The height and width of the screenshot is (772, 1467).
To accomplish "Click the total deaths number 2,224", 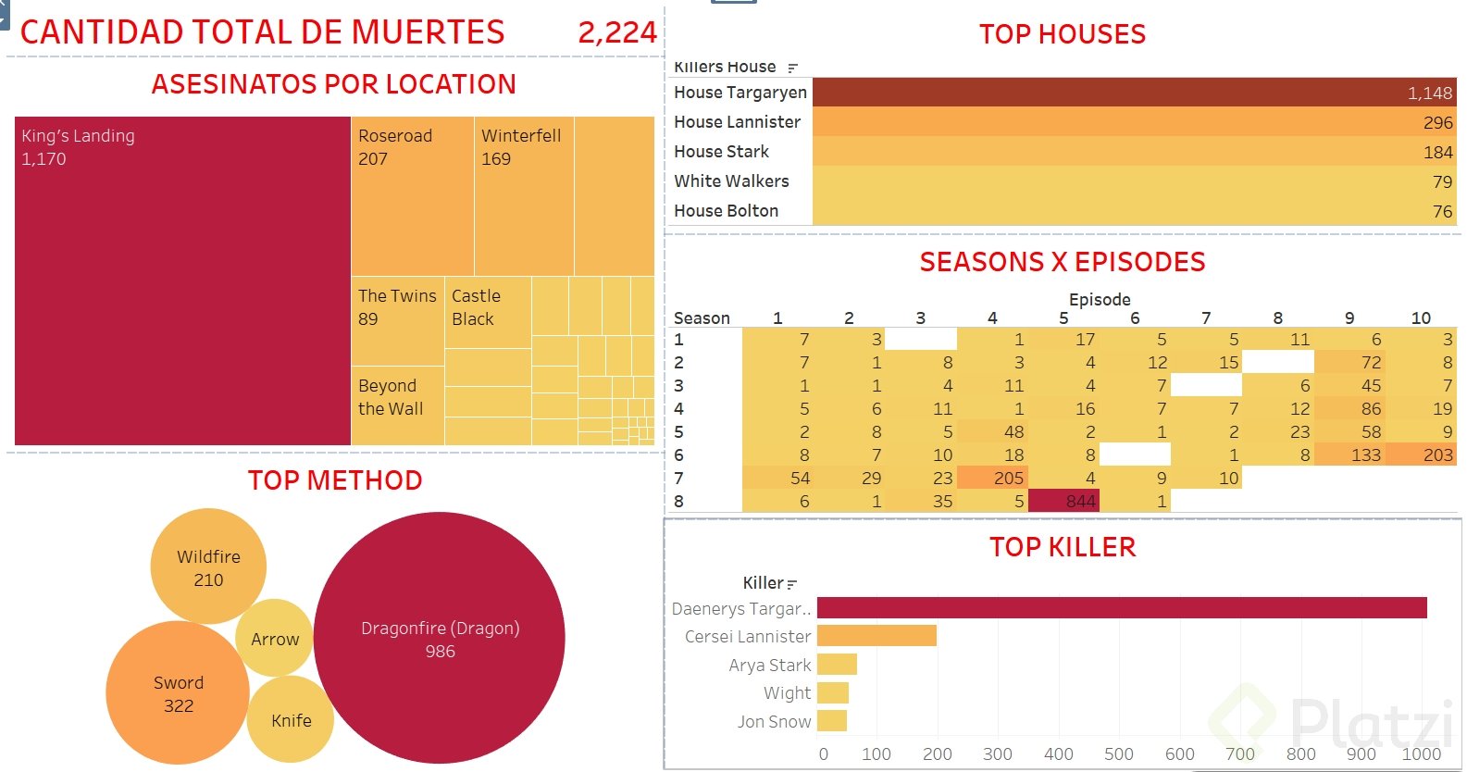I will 616,32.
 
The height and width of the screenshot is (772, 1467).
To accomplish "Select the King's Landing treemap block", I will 182,280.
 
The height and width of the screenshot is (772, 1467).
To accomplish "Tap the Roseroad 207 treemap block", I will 412,195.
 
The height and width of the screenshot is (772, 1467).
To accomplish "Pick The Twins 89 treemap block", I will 397,319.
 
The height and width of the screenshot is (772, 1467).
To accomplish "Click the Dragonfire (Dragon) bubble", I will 440,639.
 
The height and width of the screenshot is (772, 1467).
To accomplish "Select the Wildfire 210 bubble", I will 208,567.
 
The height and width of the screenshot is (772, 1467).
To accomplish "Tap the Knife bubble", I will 291,720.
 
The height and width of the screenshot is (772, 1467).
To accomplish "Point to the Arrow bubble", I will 275,639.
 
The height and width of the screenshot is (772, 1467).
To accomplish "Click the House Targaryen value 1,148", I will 1429,93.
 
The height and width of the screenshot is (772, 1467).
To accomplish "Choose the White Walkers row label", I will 731,181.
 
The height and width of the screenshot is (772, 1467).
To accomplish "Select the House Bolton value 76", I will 1442,211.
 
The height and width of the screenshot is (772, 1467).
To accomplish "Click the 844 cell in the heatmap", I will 1064,501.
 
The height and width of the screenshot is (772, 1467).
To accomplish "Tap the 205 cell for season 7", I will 993,478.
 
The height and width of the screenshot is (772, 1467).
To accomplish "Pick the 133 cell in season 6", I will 1350,454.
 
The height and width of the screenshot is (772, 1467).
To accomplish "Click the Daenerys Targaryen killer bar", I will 1121,608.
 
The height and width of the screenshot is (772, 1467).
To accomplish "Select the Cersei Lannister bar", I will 876,636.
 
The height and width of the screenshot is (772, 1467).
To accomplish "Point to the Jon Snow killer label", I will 774,721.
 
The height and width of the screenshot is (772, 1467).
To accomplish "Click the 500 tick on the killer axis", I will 1118,753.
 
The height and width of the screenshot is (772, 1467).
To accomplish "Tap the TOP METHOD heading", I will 335,479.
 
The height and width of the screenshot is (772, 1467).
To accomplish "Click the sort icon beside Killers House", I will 792,68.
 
